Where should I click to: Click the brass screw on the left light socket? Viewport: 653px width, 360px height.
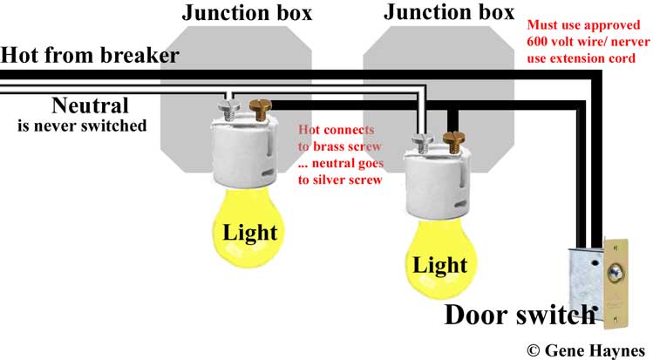(259, 109)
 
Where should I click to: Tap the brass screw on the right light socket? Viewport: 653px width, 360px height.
(452, 140)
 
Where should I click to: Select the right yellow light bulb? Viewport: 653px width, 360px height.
(440, 262)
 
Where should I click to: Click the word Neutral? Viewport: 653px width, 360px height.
(90, 106)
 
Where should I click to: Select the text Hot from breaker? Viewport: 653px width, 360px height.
(90, 56)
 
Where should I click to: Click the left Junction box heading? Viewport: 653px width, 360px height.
(247, 13)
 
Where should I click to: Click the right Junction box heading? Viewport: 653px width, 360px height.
(448, 12)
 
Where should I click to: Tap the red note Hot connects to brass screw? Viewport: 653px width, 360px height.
(339, 153)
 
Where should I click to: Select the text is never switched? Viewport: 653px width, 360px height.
(82, 126)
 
